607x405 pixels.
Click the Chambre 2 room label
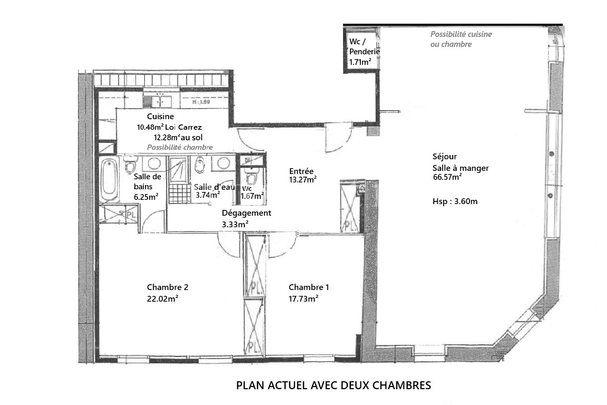pyautogui.click(x=168, y=287)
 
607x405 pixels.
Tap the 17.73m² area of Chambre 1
pyautogui.click(x=303, y=298)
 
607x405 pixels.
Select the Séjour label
pyautogui.click(x=444, y=157)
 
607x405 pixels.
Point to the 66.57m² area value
pyautogui.click(x=447, y=177)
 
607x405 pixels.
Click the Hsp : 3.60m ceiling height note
pyautogui.click(x=455, y=201)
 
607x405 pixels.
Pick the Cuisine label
pyautogui.click(x=160, y=116)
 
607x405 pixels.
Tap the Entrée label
pyautogui.click(x=301, y=171)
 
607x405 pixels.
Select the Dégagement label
pyautogui.click(x=247, y=213)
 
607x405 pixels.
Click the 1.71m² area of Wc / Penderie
pyautogui.click(x=360, y=62)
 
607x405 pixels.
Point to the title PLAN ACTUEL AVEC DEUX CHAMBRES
pyautogui.click(x=334, y=385)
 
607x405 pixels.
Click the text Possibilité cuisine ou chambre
pyautogui.click(x=461, y=39)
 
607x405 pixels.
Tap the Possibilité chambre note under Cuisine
pyautogui.click(x=180, y=147)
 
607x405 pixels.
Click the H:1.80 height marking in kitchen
pyautogui.click(x=201, y=102)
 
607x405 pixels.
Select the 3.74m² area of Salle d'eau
pyautogui.click(x=208, y=195)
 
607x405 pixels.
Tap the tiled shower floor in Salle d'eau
pyautogui.click(x=180, y=194)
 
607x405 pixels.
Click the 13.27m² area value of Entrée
pyautogui.click(x=303, y=179)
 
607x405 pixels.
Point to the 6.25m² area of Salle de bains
pyautogui.click(x=146, y=197)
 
